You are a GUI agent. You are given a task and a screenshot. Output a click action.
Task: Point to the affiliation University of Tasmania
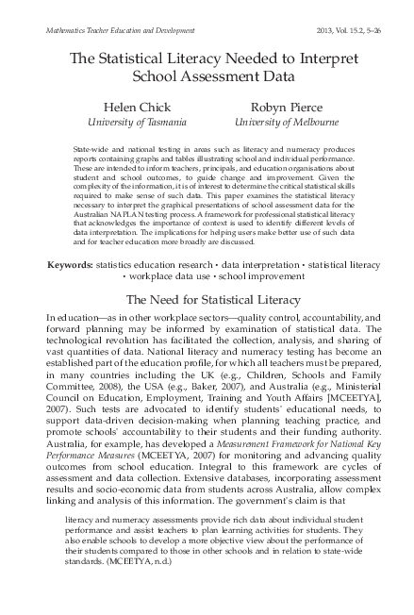click(137, 122)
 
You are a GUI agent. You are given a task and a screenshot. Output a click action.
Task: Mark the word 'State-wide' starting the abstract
click(89, 150)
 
